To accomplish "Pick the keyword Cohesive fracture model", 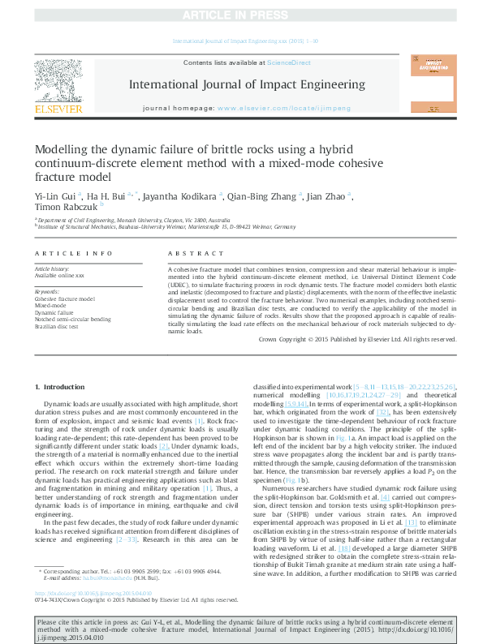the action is [64, 298].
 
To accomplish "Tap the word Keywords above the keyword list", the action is [47, 291].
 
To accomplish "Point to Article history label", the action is [52, 268].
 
